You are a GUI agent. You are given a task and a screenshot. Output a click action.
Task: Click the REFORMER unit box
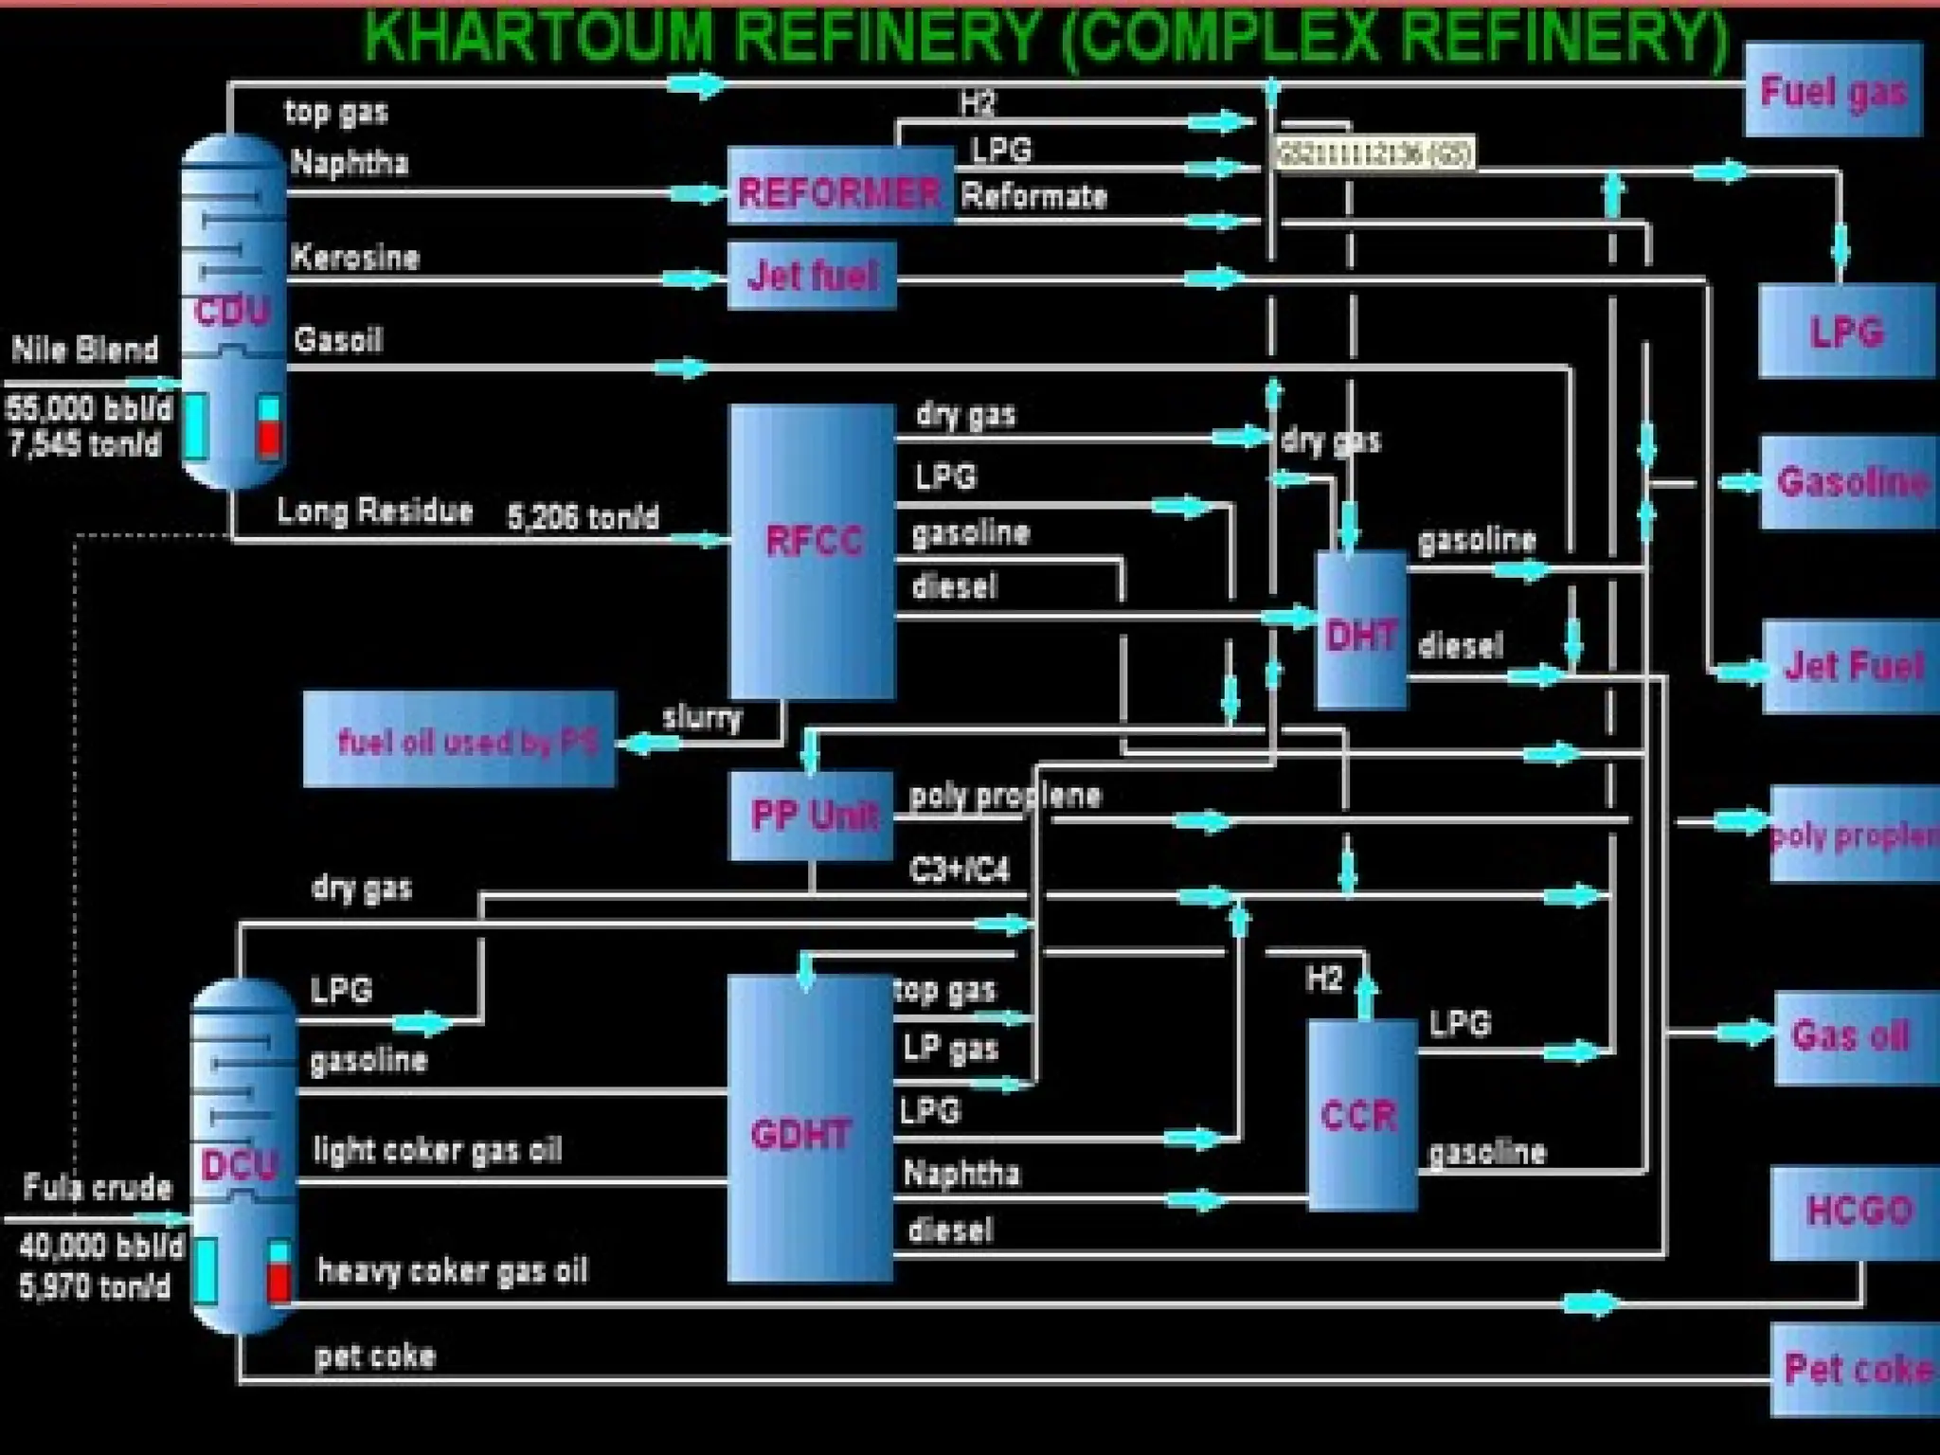(x=839, y=187)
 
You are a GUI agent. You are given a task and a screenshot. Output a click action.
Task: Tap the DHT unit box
(x=1361, y=630)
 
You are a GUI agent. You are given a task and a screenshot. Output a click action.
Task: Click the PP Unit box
(x=813, y=815)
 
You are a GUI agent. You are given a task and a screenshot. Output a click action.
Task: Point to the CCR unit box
(x=1361, y=1114)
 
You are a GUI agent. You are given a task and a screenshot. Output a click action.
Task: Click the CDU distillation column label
(x=232, y=311)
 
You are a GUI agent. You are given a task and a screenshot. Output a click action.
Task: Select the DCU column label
(x=238, y=1163)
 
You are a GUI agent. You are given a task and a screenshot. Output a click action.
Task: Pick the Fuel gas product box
(x=1832, y=90)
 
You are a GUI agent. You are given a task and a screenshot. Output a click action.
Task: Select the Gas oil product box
(x=1852, y=1035)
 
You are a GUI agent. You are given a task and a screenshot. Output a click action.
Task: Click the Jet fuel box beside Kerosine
(x=812, y=276)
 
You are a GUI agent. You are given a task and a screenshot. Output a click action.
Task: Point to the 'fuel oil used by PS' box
(x=459, y=740)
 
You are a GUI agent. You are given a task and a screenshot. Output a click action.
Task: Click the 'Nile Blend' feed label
(x=85, y=350)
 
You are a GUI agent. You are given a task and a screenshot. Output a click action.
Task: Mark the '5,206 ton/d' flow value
(x=583, y=517)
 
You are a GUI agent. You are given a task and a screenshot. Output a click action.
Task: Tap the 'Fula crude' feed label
(x=97, y=1187)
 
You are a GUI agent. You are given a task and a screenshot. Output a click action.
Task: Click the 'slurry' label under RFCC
(x=701, y=717)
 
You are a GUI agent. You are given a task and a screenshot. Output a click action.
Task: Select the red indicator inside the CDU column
(x=270, y=439)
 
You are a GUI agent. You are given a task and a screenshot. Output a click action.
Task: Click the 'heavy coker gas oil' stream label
(x=452, y=1270)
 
